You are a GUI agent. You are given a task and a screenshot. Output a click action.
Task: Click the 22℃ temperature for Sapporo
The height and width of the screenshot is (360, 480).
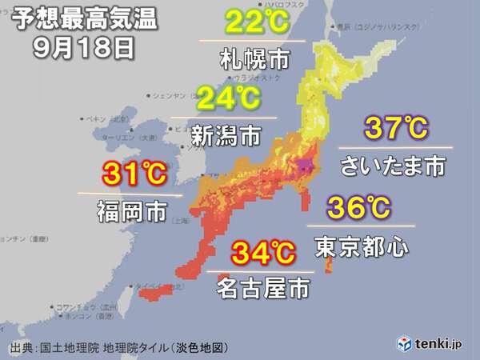pos(251,22)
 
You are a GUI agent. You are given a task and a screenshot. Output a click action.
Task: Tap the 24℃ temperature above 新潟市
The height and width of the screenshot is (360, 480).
pos(227,100)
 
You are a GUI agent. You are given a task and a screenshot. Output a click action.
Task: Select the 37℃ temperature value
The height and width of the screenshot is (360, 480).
pos(396,129)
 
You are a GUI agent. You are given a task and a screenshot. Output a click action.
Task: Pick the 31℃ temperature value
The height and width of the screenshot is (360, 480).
pos(128,174)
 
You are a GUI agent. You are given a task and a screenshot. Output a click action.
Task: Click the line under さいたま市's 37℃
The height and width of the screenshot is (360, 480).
pos(395,147)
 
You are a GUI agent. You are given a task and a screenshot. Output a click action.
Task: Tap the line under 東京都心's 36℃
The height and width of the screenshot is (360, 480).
pos(358,226)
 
